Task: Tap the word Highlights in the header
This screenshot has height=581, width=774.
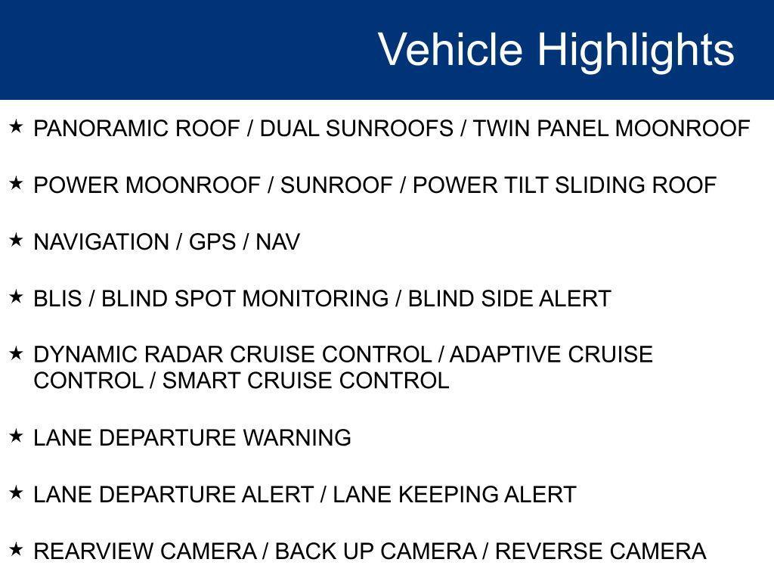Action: (x=636, y=50)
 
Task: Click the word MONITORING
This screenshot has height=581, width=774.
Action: (x=316, y=300)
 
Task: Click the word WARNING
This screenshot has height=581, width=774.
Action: (x=297, y=438)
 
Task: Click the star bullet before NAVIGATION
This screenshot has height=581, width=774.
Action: (x=16, y=240)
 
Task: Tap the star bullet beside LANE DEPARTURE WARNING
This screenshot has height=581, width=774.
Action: (x=16, y=435)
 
